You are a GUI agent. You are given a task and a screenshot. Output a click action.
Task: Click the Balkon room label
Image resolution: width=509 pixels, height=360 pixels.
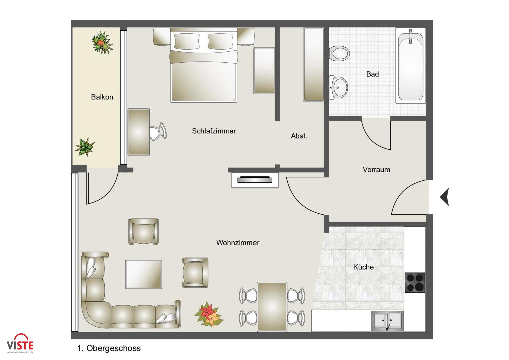click(x=102, y=97)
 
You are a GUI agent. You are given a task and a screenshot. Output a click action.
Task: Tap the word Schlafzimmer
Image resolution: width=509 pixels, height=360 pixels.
click(x=214, y=131)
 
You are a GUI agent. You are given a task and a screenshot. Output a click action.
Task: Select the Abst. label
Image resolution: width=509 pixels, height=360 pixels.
click(x=299, y=136)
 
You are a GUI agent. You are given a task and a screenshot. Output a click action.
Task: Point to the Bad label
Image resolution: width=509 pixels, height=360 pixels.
click(x=373, y=74)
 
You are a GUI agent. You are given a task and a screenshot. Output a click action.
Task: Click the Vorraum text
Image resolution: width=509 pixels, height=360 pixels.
click(x=376, y=170)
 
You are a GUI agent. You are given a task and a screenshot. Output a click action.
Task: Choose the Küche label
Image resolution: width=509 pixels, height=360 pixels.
click(x=363, y=267)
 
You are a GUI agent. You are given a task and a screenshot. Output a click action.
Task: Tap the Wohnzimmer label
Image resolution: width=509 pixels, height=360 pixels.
click(x=238, y=243)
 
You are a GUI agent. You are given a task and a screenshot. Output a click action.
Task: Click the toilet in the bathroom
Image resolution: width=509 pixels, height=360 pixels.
click(x=339, y=54)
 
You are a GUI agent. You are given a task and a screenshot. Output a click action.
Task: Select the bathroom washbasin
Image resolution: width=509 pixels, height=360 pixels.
click(x=338, y=87)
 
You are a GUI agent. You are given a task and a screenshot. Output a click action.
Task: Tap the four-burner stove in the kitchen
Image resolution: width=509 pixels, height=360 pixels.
click(x=415, y=283)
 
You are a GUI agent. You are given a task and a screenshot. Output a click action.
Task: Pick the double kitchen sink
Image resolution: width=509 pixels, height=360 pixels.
click(x=388, y=321)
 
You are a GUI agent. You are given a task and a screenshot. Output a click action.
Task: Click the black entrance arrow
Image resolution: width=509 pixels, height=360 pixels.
click(x=445, y=197)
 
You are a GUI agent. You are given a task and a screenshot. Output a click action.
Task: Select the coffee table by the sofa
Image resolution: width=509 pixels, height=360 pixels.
click(x=144, y=274)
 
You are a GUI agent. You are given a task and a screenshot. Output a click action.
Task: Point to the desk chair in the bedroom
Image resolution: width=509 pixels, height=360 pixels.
click(x=158, y=132)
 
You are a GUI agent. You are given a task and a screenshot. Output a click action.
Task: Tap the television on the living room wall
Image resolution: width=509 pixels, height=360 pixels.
click(x=255, y=180)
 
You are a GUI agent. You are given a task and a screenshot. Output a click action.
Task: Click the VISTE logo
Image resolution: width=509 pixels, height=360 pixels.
click(x=20, y=343)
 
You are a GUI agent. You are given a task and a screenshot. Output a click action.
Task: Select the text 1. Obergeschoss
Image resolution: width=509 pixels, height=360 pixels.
click(x=109, y=348)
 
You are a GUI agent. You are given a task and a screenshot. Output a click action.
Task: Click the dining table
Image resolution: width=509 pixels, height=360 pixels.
click(x=272, y=307)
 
